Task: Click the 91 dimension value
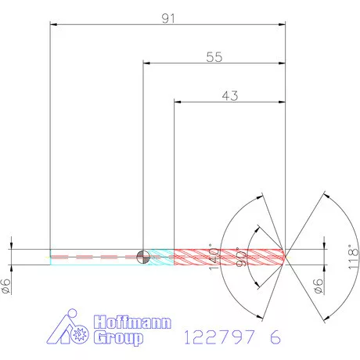click(x=168, y=17)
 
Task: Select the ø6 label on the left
click(x=7, y=286)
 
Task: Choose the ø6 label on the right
click(x=318, y=286)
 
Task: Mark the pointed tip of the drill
click(x=287, y=256)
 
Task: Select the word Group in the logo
click(x=119, y=338)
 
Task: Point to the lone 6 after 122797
click(x=275, y=337)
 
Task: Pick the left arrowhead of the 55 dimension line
click(x=146, y=63)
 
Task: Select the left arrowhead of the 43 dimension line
click(x=176, y=101)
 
